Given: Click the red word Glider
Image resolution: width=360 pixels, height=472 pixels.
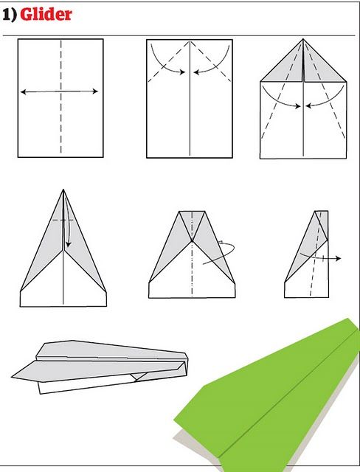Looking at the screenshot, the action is (46, 14).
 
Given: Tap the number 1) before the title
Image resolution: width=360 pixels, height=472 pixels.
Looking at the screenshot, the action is (10, 15).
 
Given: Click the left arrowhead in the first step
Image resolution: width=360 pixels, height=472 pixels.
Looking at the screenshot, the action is (24, 91).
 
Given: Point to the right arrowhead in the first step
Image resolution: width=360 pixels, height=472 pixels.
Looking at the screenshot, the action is (95, 91).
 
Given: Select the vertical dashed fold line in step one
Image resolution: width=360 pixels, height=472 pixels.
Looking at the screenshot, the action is (60, 97).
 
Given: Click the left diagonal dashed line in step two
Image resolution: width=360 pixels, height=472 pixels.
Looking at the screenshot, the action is (168, 61).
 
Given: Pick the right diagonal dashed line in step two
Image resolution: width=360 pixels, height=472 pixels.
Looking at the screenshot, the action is (211, 61).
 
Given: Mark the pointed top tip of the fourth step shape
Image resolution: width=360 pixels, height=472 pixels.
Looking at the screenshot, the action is (63, 190).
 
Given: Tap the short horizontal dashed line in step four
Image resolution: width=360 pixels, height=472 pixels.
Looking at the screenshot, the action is (63, 221).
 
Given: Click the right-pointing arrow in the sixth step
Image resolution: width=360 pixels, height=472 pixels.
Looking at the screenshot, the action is (320, 257).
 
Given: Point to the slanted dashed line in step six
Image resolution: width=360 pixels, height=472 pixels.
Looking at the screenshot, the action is (316, 254).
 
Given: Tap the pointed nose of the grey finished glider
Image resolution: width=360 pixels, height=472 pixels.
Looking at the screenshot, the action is (13, 376).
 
